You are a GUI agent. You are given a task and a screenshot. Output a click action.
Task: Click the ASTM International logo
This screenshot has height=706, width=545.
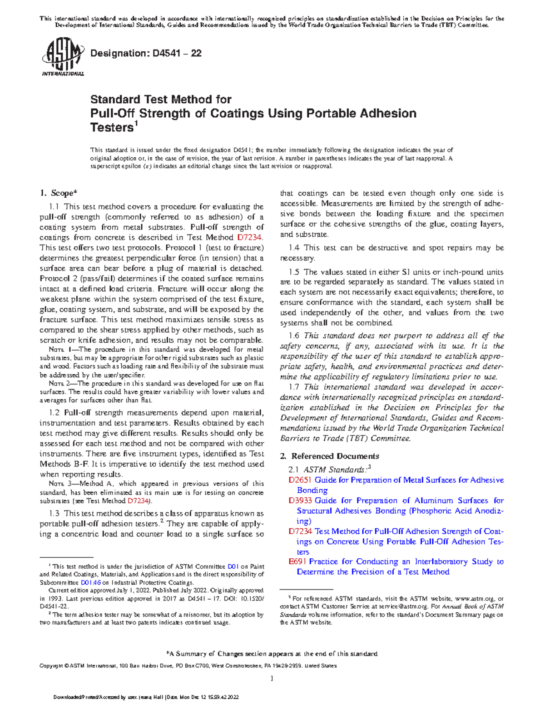pos(63,58)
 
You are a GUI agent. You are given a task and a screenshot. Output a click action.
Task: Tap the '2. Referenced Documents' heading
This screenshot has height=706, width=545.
pos(329,456)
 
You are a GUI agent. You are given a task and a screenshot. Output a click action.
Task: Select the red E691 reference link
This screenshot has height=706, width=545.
pos(297,561)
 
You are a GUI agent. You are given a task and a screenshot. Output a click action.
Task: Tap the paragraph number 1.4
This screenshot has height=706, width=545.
pos(294,248)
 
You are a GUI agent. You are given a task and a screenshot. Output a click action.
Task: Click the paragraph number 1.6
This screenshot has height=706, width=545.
pos(294,335)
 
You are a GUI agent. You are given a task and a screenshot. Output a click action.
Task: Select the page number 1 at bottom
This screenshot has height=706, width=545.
pos(272,679)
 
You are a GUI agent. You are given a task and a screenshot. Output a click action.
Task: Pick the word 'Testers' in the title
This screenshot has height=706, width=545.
pos(111,128)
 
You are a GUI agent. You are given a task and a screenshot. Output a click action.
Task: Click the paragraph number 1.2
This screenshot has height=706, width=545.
pos(54,413)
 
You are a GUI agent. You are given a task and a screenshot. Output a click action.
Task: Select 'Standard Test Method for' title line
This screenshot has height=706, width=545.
pos(161,99)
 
